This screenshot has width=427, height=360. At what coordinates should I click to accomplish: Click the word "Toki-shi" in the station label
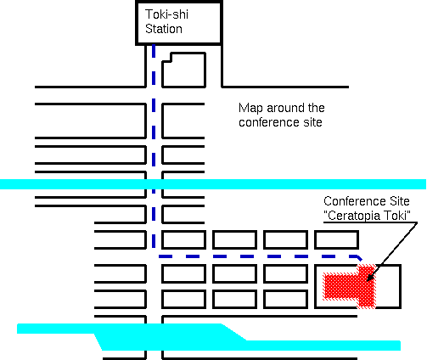(166, 14)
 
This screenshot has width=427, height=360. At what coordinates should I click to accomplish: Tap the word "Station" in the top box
(164, 29)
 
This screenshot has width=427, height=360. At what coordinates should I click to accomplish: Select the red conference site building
(351, 286)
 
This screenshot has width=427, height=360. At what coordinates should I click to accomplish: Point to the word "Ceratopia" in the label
(353, 216)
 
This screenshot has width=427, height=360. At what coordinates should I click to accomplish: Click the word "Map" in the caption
(251, 109)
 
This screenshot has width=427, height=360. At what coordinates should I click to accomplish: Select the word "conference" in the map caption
(269, 122)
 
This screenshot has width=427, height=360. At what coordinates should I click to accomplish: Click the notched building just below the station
(183, 70)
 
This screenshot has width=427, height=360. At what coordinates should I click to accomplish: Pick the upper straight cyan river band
(213, 184)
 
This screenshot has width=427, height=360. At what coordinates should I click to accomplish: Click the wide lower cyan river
(209, 337)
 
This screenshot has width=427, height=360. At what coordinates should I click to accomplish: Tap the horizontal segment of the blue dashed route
(259, 256)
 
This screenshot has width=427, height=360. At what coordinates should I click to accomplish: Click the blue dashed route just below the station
(154, 65)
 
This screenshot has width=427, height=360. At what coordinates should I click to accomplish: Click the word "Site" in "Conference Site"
(399, 201)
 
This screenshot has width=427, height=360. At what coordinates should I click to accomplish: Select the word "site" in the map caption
(312, 122)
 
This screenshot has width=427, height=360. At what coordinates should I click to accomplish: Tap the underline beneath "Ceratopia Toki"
(370, 222)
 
